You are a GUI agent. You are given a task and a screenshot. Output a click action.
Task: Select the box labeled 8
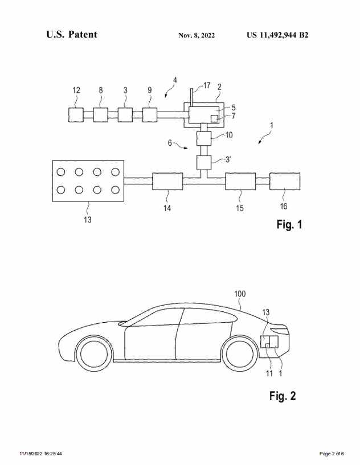(101, 114)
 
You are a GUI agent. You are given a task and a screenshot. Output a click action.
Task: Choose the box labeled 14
(167, 182)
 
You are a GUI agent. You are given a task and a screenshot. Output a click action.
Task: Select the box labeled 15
(240, 182)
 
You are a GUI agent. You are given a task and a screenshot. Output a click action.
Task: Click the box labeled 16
(285, 182)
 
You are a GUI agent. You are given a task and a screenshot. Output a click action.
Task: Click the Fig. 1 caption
(289, 225)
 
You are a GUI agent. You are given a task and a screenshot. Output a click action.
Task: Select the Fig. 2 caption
(282, 396)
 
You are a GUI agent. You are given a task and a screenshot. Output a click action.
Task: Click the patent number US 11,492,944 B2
(277, 35)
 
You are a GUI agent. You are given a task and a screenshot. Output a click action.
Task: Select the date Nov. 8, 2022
(197, 35)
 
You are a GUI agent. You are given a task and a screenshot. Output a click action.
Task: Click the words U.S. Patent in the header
(72, 35)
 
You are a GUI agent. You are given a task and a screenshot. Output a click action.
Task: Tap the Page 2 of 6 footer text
(332, 454)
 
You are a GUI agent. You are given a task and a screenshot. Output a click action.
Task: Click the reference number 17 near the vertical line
(206, 85)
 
